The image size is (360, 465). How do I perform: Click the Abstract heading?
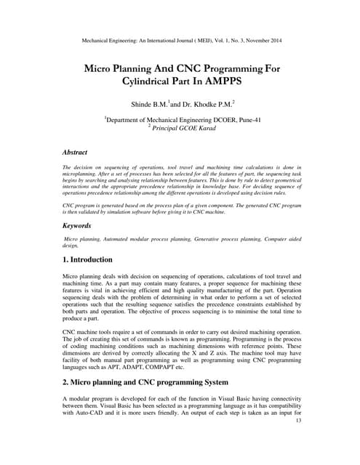click(x=75, y=153)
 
